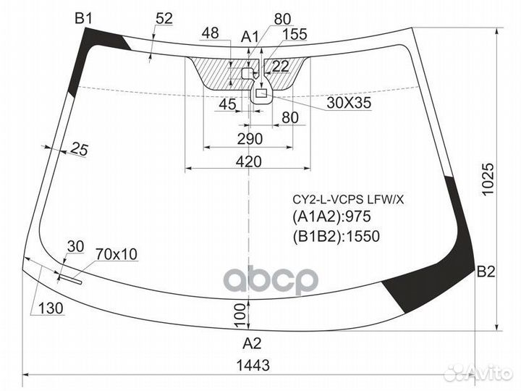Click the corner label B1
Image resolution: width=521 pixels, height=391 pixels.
pos(83,19)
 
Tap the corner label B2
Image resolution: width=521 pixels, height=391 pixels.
pos(486,272)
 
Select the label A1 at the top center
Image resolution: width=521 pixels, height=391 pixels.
pos(250,37)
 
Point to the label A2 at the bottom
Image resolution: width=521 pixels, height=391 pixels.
pos(253,343)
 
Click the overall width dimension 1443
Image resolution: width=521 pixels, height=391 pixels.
pos(253,366)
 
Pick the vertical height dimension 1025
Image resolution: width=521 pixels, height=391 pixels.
pos(488,180)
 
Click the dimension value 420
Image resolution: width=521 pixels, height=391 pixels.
pos(249,162)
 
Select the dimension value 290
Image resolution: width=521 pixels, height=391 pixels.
pos(250,139)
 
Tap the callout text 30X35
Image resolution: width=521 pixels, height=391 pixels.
pos(349,103)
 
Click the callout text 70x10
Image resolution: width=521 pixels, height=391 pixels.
pos(117,254)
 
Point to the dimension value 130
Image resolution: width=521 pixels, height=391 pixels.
pos(51,308)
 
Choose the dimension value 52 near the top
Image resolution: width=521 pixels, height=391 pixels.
pos(164,19)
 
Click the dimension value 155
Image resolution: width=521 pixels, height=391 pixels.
pos(295,34)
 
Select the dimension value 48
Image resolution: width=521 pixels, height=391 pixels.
pos(211,33)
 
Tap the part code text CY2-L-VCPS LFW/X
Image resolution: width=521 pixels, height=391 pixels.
pos(348,200)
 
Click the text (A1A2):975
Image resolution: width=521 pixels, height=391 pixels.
pos(332,216)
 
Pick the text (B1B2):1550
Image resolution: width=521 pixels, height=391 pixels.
pos(336,236)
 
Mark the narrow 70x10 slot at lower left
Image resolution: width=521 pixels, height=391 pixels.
pos(70,279)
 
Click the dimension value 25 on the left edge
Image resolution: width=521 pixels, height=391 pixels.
pos(80,149)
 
